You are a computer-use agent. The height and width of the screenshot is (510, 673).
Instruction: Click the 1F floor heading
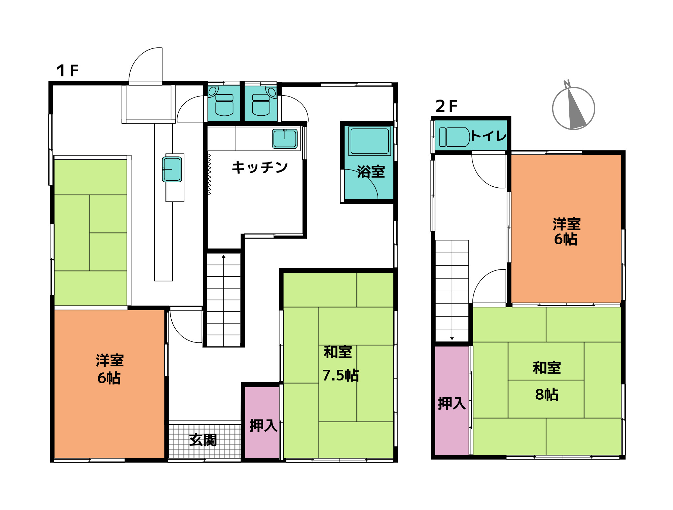coord(67,71)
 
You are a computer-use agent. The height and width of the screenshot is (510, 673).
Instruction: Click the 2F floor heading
coord(446,106)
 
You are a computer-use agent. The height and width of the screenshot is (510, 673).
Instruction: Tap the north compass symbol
coord(573,108)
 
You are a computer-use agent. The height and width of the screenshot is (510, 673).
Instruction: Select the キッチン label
coord(259,167)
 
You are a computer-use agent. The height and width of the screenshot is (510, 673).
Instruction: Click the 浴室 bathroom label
coord(371,172)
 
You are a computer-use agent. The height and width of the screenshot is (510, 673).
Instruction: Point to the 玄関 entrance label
coord(203,440)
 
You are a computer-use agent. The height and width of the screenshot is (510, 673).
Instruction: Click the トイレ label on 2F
coord(489,136)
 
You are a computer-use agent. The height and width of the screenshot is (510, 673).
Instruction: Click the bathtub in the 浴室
coord(369,141)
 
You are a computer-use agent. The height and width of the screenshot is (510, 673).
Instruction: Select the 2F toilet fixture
coord(454,137)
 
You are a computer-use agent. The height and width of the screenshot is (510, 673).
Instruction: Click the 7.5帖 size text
coord(341,375)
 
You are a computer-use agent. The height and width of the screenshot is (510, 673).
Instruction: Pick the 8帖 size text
coord(547,395)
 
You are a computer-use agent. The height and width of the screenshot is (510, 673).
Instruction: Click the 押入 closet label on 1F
coord(263,426)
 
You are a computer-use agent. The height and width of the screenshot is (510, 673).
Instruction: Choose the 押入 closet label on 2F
coord(452,403)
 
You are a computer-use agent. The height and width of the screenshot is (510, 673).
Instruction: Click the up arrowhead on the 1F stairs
coord(223,257)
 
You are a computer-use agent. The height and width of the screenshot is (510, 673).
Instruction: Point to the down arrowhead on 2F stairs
coord(452,338)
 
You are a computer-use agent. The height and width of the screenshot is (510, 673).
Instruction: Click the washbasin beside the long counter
coord(172,169)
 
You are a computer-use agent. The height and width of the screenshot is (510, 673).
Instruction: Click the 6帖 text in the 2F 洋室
coord(566,240)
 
